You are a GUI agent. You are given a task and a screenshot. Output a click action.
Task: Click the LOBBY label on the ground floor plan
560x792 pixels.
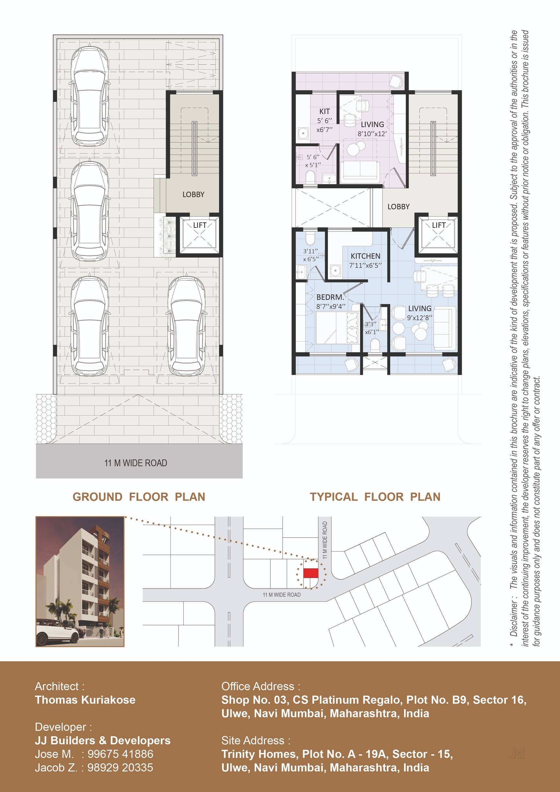[x=193, y=194]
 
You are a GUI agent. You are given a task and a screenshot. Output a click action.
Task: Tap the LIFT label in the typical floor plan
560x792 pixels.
[x=438, y=225]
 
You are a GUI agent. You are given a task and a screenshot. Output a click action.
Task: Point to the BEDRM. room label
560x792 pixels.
[x=330, y=297]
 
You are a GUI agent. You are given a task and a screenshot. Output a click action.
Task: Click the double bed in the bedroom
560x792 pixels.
[x=337, y=328]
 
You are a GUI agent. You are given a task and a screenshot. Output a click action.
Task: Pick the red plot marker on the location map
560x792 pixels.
[x=310, y=573]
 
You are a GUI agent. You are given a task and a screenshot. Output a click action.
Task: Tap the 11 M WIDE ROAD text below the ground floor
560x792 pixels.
[x=135, y=463]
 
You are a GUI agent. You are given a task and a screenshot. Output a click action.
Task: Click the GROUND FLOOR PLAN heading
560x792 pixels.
[x=139, y=497]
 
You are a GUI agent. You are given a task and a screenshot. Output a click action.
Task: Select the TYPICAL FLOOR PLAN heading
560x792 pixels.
[x=375, y=497]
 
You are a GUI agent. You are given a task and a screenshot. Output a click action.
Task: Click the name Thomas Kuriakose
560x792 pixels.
[x=85, y=700]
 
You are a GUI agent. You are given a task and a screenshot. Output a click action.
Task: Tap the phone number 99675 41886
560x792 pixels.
[x=121, y=754]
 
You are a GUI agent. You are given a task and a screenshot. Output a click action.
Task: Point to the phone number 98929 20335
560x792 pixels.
[x=120, y=767]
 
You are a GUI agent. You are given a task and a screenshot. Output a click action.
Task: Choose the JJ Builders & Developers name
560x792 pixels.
[x=103, y=740]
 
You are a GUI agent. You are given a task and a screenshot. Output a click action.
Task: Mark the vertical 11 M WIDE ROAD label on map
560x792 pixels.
[x=325, y=540]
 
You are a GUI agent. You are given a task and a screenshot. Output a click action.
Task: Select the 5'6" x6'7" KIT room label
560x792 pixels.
[x=324, y=120]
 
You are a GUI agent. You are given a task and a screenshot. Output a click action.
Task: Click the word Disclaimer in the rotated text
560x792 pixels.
[x=514, y=619]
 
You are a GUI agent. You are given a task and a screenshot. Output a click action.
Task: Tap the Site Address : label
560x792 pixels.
[x=256, y=740]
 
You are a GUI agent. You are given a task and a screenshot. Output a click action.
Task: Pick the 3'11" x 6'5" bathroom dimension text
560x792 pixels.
[x=310, y=255]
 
